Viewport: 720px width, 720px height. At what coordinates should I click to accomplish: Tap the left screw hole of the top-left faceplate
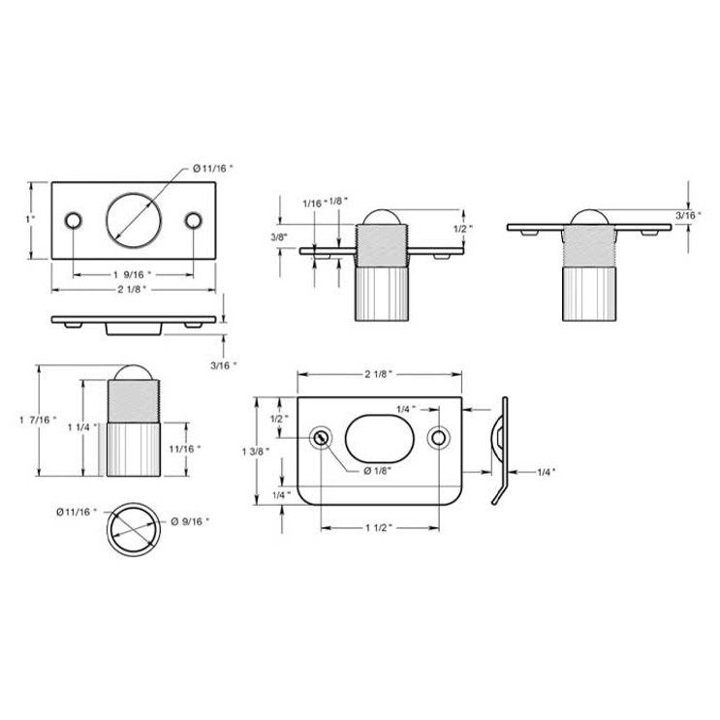click(x=71, y=220)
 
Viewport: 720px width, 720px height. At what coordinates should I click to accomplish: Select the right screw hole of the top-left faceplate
click(x=194, y=220)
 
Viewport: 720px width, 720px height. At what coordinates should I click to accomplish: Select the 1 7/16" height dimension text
click(x=39, y=420)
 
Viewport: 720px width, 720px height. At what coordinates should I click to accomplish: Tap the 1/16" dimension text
click(x=312, y=202)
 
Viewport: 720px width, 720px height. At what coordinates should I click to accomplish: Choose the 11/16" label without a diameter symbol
click(x=184, y=448)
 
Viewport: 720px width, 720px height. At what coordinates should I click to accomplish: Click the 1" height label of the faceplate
click(x=31, y=219)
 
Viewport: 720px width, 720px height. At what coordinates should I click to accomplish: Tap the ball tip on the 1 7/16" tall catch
click(x=132, y=375)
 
